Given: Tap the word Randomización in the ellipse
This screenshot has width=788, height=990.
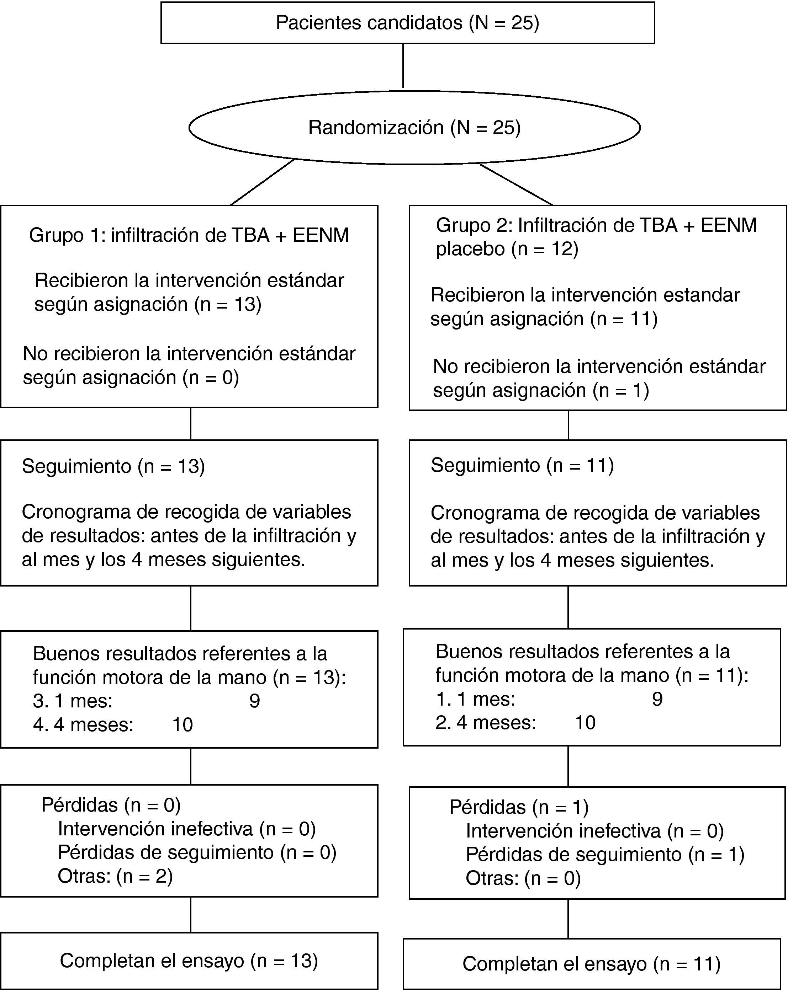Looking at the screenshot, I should click(375, 128).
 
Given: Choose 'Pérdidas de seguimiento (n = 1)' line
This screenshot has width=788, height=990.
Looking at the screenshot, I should click(605, 854).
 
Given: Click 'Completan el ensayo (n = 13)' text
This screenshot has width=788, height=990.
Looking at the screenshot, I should click(189, 960).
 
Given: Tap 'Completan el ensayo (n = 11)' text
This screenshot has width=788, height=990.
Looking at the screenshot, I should click(591, 963).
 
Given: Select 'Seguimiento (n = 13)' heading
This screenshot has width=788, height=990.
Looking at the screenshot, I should click(113, 466).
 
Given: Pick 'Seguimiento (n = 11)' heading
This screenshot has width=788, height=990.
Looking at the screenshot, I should click(522, 465).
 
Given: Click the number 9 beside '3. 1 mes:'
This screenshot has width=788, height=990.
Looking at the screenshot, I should click(255, 701).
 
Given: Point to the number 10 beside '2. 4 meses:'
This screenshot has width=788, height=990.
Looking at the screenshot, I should click(585, 723).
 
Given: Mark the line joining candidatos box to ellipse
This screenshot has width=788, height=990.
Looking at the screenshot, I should click(403, 66).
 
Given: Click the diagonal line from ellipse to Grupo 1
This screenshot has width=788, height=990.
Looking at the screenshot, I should click(262, 182).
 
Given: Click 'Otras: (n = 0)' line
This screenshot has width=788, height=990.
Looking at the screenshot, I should click(523, 878).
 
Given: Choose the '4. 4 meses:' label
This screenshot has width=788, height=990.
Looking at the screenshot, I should click(83, 724).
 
